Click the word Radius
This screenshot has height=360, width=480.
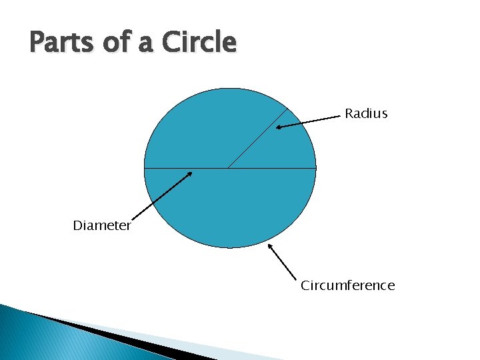(x=366, y=114)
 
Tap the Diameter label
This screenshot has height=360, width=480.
(x=102, y=226)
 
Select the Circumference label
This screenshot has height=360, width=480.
(x=347, y=286)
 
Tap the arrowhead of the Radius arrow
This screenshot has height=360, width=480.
(x=279, y=126)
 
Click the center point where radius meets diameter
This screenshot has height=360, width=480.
(x=229, y=168)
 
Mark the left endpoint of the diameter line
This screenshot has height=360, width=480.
(x=145, y=168)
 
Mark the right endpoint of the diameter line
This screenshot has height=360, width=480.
(x=316, y=168)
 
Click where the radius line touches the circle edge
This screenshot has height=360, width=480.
(x=289, y=108)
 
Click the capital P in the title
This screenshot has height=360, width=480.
(x=37, y=43)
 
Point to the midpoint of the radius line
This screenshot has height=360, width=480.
(x=259, y=138)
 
